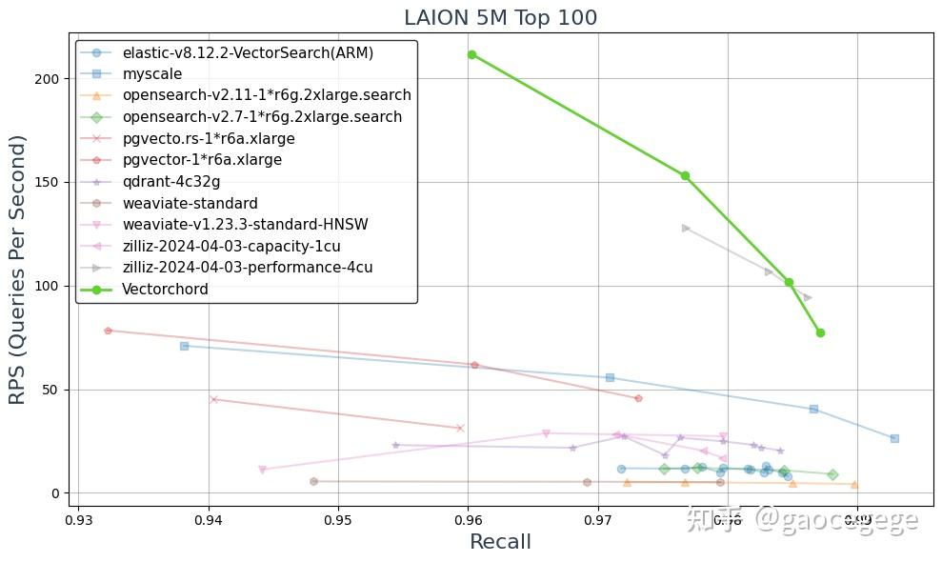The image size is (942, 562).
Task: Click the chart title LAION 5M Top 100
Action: (x=500, y=18)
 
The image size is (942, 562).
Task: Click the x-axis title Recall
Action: (x=500, y=542)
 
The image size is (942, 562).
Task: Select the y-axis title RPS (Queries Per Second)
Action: (x=20, y=271)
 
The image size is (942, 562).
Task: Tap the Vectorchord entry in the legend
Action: (x=165, y=290)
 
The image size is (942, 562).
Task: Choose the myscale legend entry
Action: (x=152, y=74)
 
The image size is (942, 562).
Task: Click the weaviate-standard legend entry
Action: (x=190, y=203)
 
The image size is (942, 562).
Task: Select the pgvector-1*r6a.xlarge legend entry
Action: (x=202, y=160)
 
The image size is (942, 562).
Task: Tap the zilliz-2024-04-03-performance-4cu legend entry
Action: (x=248, y=268)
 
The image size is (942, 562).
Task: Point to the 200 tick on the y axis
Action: (x=50, y=78)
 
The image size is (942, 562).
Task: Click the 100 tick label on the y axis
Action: (x=50, y=286)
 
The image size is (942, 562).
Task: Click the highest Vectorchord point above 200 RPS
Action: (x=471, y=54)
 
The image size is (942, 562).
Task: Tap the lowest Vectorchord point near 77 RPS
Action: (x=820, y=332)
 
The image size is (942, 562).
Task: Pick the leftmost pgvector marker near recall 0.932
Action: (x=108, y=331)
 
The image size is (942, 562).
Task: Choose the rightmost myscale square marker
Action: (x=894, y=438)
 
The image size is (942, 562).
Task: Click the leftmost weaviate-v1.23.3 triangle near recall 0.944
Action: (x=262, y=470)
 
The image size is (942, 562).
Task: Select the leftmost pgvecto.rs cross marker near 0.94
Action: (x=213, y=399)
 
